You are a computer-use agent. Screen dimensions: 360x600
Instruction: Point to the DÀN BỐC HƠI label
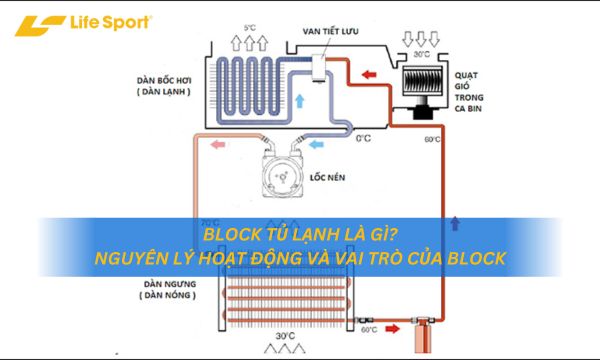point(166,79)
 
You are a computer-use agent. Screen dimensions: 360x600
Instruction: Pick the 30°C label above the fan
point(422,53)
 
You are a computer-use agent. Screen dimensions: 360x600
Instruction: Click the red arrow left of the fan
point(368,73)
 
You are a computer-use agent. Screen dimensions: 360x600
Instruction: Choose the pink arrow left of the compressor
point(219,144)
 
